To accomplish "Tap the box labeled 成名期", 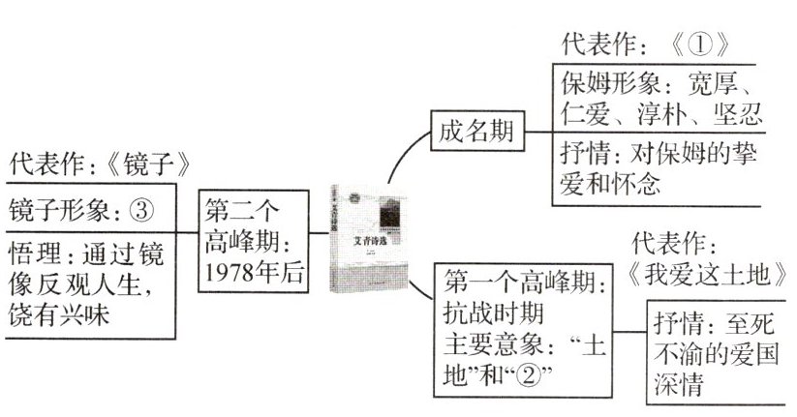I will click(x=476, y=132).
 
